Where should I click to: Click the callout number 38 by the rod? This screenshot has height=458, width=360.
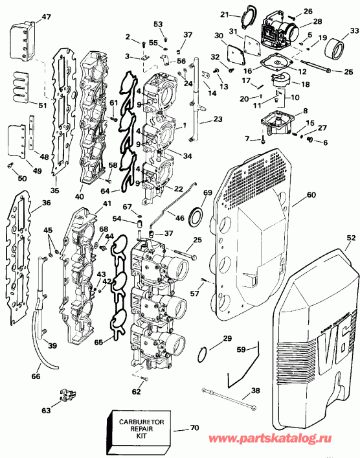pyautogui.click(x=255, y=391)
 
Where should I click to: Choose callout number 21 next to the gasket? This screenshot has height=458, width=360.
pyautogui.click(x=225, y=14)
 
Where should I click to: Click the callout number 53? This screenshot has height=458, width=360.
pyautogui.click(x=159, y=24)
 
